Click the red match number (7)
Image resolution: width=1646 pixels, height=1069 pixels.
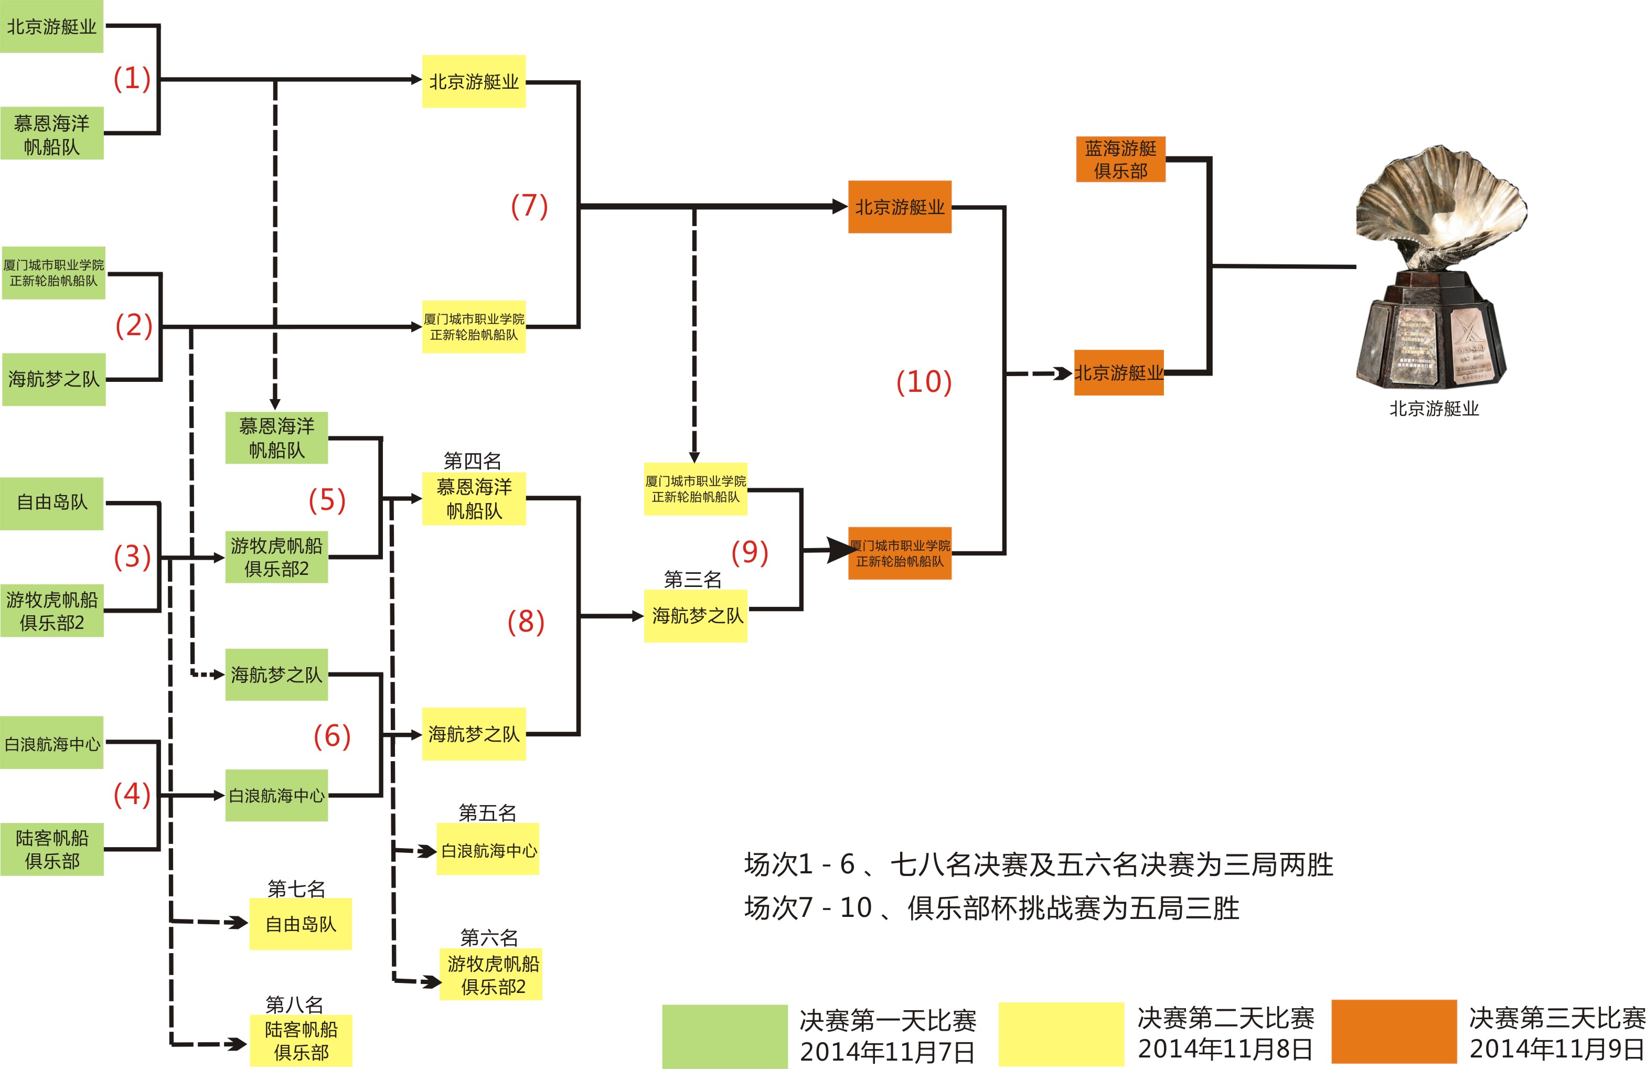coord(529,206)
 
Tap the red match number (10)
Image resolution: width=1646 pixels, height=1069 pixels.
coord(923,382)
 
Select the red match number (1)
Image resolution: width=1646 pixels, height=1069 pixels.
coord(132,78)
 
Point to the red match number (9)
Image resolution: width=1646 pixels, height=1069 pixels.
coord(750,552)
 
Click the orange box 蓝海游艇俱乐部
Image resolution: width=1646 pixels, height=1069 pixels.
coord(1120,159)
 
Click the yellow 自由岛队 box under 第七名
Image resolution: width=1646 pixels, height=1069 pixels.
coord(301,924)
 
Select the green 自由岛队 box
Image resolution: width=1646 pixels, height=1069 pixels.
coord(52,503)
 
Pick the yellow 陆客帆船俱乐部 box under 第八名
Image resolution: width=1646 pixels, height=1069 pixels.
coord(301,1040)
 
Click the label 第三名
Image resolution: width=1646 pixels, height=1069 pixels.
coord(692,580)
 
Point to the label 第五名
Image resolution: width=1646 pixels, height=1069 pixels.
coord(488,813)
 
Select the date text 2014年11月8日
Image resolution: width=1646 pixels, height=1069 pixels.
coord(1225,1049)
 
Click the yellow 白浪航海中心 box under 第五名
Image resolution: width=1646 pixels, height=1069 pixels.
coord(488,850)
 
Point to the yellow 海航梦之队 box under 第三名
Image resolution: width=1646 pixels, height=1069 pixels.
coord(696,615)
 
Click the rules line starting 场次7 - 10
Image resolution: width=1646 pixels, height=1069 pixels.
coord(991,908)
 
